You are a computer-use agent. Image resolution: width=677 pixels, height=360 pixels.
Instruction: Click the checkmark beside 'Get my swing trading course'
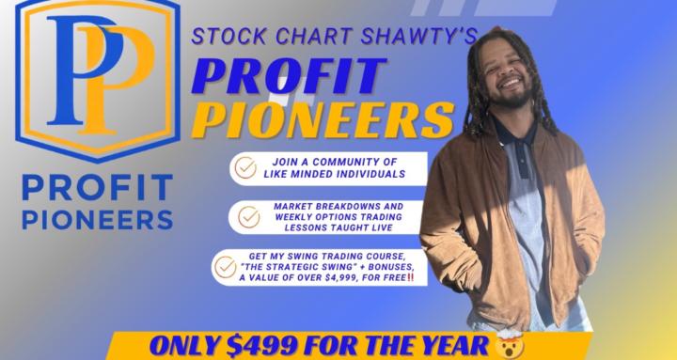click(226, 266)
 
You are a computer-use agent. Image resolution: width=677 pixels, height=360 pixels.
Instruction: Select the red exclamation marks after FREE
click(410, 278)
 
